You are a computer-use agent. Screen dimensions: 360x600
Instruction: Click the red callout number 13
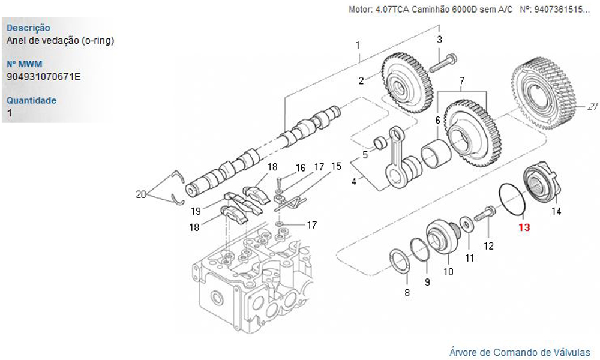pyautogui.click(x=524, y=227)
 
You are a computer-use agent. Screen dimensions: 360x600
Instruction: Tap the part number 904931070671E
pyautogui.click(x=44, y=76)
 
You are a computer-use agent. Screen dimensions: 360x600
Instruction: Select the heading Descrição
pyautogui.click(x=28, y=28)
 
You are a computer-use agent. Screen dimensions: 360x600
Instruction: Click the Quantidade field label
pyautogui.click(x=31, y=100)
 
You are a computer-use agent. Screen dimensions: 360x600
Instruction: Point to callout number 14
pyautogui.click(x=556, y=211)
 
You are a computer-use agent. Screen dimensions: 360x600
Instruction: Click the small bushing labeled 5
pyautogui.click(x=379, y=143)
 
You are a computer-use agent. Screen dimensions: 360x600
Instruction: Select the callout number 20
pyautogui.click(x=141, y=194)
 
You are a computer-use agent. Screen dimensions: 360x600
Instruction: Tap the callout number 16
pyautogui.click(x=300, y=167)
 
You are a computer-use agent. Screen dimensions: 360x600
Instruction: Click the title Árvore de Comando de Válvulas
pyautogui.click(x=520, y=352)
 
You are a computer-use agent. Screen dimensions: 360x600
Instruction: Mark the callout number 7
pyautogui.click(x=462, y=80)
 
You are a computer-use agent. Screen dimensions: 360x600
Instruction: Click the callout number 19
pyautogui.click(x=196, y=211)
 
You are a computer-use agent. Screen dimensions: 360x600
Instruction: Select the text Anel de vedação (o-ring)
pyautogui.click(x=60, y=40)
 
